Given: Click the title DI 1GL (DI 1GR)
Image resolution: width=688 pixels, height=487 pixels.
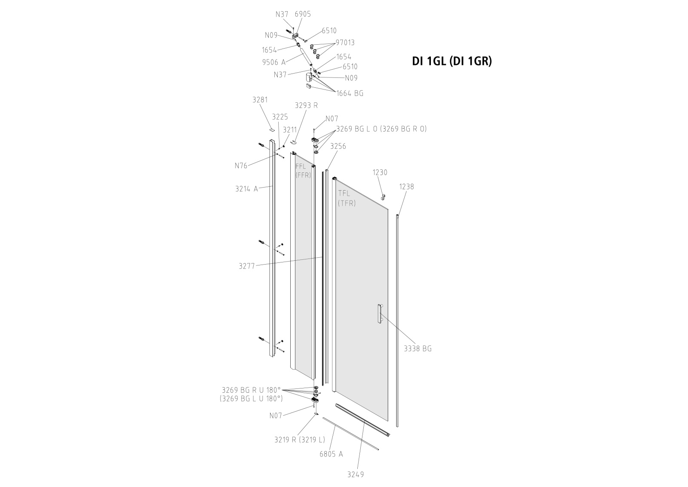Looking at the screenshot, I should click(451, 62).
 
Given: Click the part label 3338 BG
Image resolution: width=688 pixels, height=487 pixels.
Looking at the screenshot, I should click(417, 348).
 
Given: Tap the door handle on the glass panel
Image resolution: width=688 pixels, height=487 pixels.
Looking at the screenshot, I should click(379, 314).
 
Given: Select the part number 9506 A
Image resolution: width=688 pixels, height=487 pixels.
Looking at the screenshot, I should click(273, 62).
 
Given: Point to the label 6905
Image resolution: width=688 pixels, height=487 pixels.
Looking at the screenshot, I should click(303, 14).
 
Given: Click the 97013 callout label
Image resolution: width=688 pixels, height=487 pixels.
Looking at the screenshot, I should click(345, 43).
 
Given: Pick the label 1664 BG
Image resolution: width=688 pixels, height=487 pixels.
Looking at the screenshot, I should click(350, 93).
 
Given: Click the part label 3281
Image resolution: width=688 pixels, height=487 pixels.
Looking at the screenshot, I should click(260, 100).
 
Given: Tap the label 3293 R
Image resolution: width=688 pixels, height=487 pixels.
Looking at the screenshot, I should click(306, 105).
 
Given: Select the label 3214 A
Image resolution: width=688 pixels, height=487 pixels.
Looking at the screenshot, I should click(246, 188).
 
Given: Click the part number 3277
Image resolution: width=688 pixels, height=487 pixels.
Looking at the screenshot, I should click(247, 266).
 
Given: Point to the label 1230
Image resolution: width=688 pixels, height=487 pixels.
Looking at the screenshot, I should click(380, 173).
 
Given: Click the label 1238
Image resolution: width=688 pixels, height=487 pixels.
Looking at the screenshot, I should click(406, 187).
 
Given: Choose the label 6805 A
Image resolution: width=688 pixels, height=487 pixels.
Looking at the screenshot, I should click(331, 454).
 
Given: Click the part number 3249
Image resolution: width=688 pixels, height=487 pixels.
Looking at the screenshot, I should click(356, 475).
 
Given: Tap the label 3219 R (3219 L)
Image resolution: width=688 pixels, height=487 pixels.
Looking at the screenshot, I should click(300, 440).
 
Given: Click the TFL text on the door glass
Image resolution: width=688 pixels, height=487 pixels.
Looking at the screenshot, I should click(344, 194).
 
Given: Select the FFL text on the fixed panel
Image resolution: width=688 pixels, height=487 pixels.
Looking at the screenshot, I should click(300, 166).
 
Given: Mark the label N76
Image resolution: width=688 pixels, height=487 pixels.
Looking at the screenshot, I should click(241, 165).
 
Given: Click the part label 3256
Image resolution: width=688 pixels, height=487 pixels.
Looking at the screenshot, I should click(338, 146).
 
